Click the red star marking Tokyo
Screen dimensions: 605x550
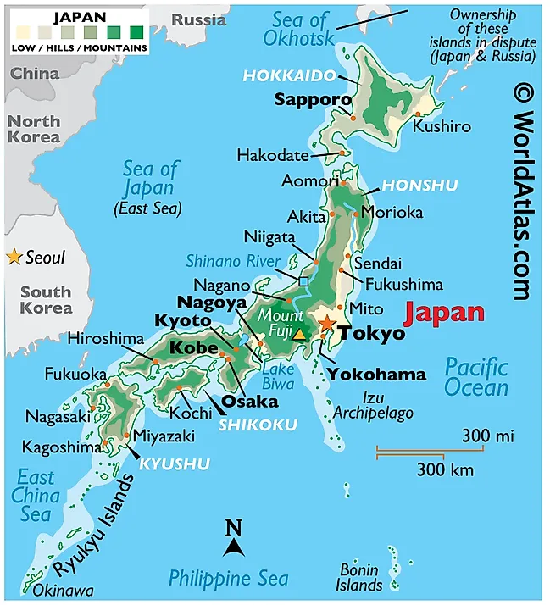[327, 324]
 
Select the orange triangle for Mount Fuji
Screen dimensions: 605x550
[299, 333]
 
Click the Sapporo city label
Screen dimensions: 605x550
[313, 100]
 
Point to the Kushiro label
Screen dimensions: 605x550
[441, 126]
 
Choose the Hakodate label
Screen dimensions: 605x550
[272, 156]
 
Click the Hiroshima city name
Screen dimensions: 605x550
[106, 339]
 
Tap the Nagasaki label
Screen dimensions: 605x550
[58, 416]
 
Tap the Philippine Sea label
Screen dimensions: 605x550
[228, 579]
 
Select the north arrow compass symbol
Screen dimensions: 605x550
[234, 540]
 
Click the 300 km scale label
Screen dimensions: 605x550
[445, 469]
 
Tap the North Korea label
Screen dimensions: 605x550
[34, 129]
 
